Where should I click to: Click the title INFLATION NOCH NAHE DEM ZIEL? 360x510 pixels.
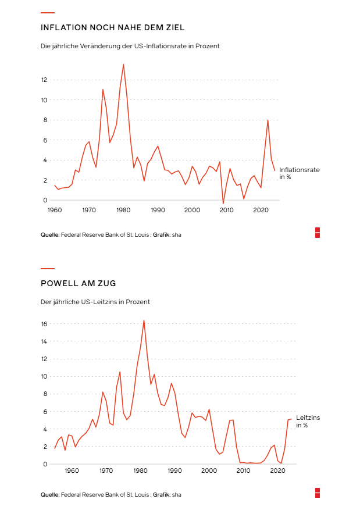(112, 27)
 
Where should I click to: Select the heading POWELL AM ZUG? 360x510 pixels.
(78, 283)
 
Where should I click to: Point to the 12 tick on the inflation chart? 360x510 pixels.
(44, 80)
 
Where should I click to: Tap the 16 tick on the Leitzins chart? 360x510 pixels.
(44, 324)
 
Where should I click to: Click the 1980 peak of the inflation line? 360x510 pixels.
(123, 65)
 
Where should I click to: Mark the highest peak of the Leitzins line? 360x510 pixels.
(144, 320)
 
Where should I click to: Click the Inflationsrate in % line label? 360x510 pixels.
(299, 173)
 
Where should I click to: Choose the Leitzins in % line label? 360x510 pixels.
(308, 422)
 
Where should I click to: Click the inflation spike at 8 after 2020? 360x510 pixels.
(268, 120)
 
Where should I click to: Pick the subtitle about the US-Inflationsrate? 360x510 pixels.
(130, 46)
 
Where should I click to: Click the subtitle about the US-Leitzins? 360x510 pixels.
(95, 302)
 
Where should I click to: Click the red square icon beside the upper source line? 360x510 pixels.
(318, 233)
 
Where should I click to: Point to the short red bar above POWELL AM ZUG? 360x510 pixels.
(48, 269)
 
